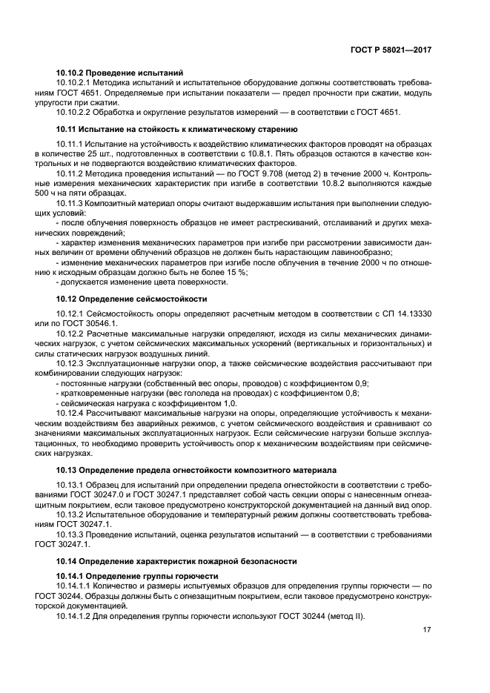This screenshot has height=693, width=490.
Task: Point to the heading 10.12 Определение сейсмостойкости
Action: [x=132, y=299]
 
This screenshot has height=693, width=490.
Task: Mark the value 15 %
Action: [x=236, y=272]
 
